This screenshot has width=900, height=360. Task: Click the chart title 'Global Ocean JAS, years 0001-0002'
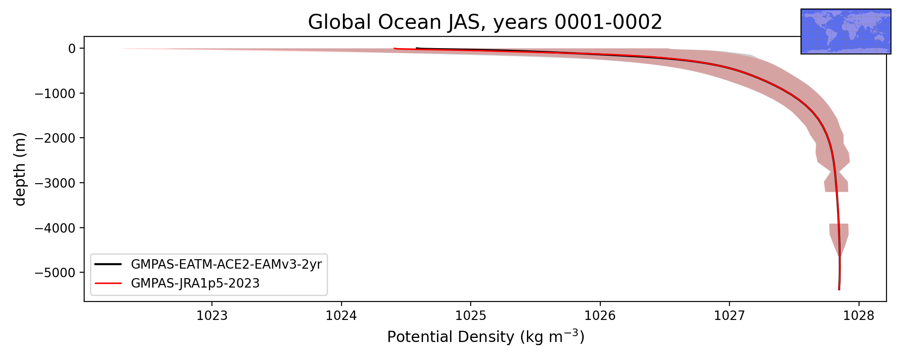485,22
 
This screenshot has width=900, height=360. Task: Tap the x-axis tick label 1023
212,316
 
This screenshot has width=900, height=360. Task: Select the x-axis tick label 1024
342,316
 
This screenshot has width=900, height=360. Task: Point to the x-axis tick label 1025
471,316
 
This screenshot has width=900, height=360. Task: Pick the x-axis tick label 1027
729,316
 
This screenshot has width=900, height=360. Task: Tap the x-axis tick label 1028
859,316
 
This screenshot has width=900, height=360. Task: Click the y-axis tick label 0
72,48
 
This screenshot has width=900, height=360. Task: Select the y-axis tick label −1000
55,93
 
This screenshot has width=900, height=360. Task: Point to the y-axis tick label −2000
55,138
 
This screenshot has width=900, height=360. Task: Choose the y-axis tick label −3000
55,183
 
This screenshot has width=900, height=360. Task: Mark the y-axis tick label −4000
55,228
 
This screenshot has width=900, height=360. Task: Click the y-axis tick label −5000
55,272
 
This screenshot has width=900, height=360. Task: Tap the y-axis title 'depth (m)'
20,169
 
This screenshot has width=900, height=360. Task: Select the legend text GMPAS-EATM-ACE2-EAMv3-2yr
226,264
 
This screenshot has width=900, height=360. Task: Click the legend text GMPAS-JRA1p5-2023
195,283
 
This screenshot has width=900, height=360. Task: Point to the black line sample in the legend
108,264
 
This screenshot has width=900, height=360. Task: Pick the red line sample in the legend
108,283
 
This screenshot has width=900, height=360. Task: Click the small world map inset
846,31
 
